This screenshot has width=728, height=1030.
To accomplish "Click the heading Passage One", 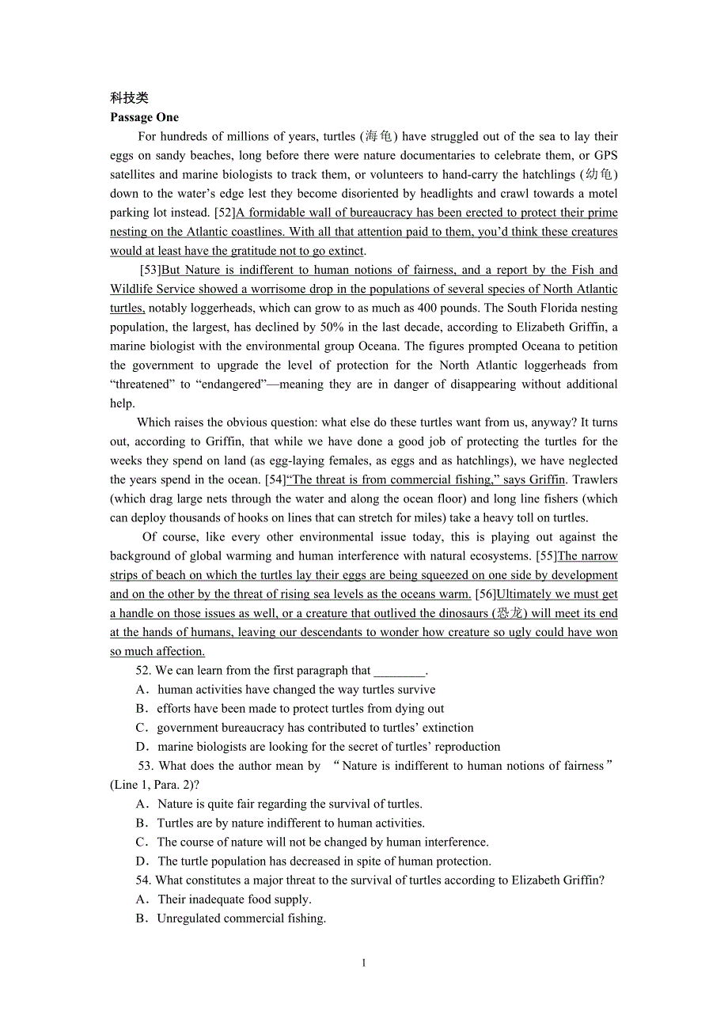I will [x=144, y=117].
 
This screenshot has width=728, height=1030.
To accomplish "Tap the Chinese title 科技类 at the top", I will [x=129, y=98].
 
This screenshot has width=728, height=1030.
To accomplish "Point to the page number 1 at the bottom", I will [x=363, y=963].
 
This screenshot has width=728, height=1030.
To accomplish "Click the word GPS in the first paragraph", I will [x=605, y=155].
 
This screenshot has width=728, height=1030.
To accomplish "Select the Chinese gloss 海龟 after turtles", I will [x=381, y=136].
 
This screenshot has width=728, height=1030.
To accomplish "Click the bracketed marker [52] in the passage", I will [x=225, y=212].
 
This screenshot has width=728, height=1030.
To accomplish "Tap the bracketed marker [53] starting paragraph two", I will [x=150, y=270].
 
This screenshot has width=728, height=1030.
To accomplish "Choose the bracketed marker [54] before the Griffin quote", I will [x=275, y=479].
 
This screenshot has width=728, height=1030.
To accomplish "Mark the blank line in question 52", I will [x=399, y=671].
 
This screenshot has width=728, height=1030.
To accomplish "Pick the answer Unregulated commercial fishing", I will [x=241, y=918].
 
